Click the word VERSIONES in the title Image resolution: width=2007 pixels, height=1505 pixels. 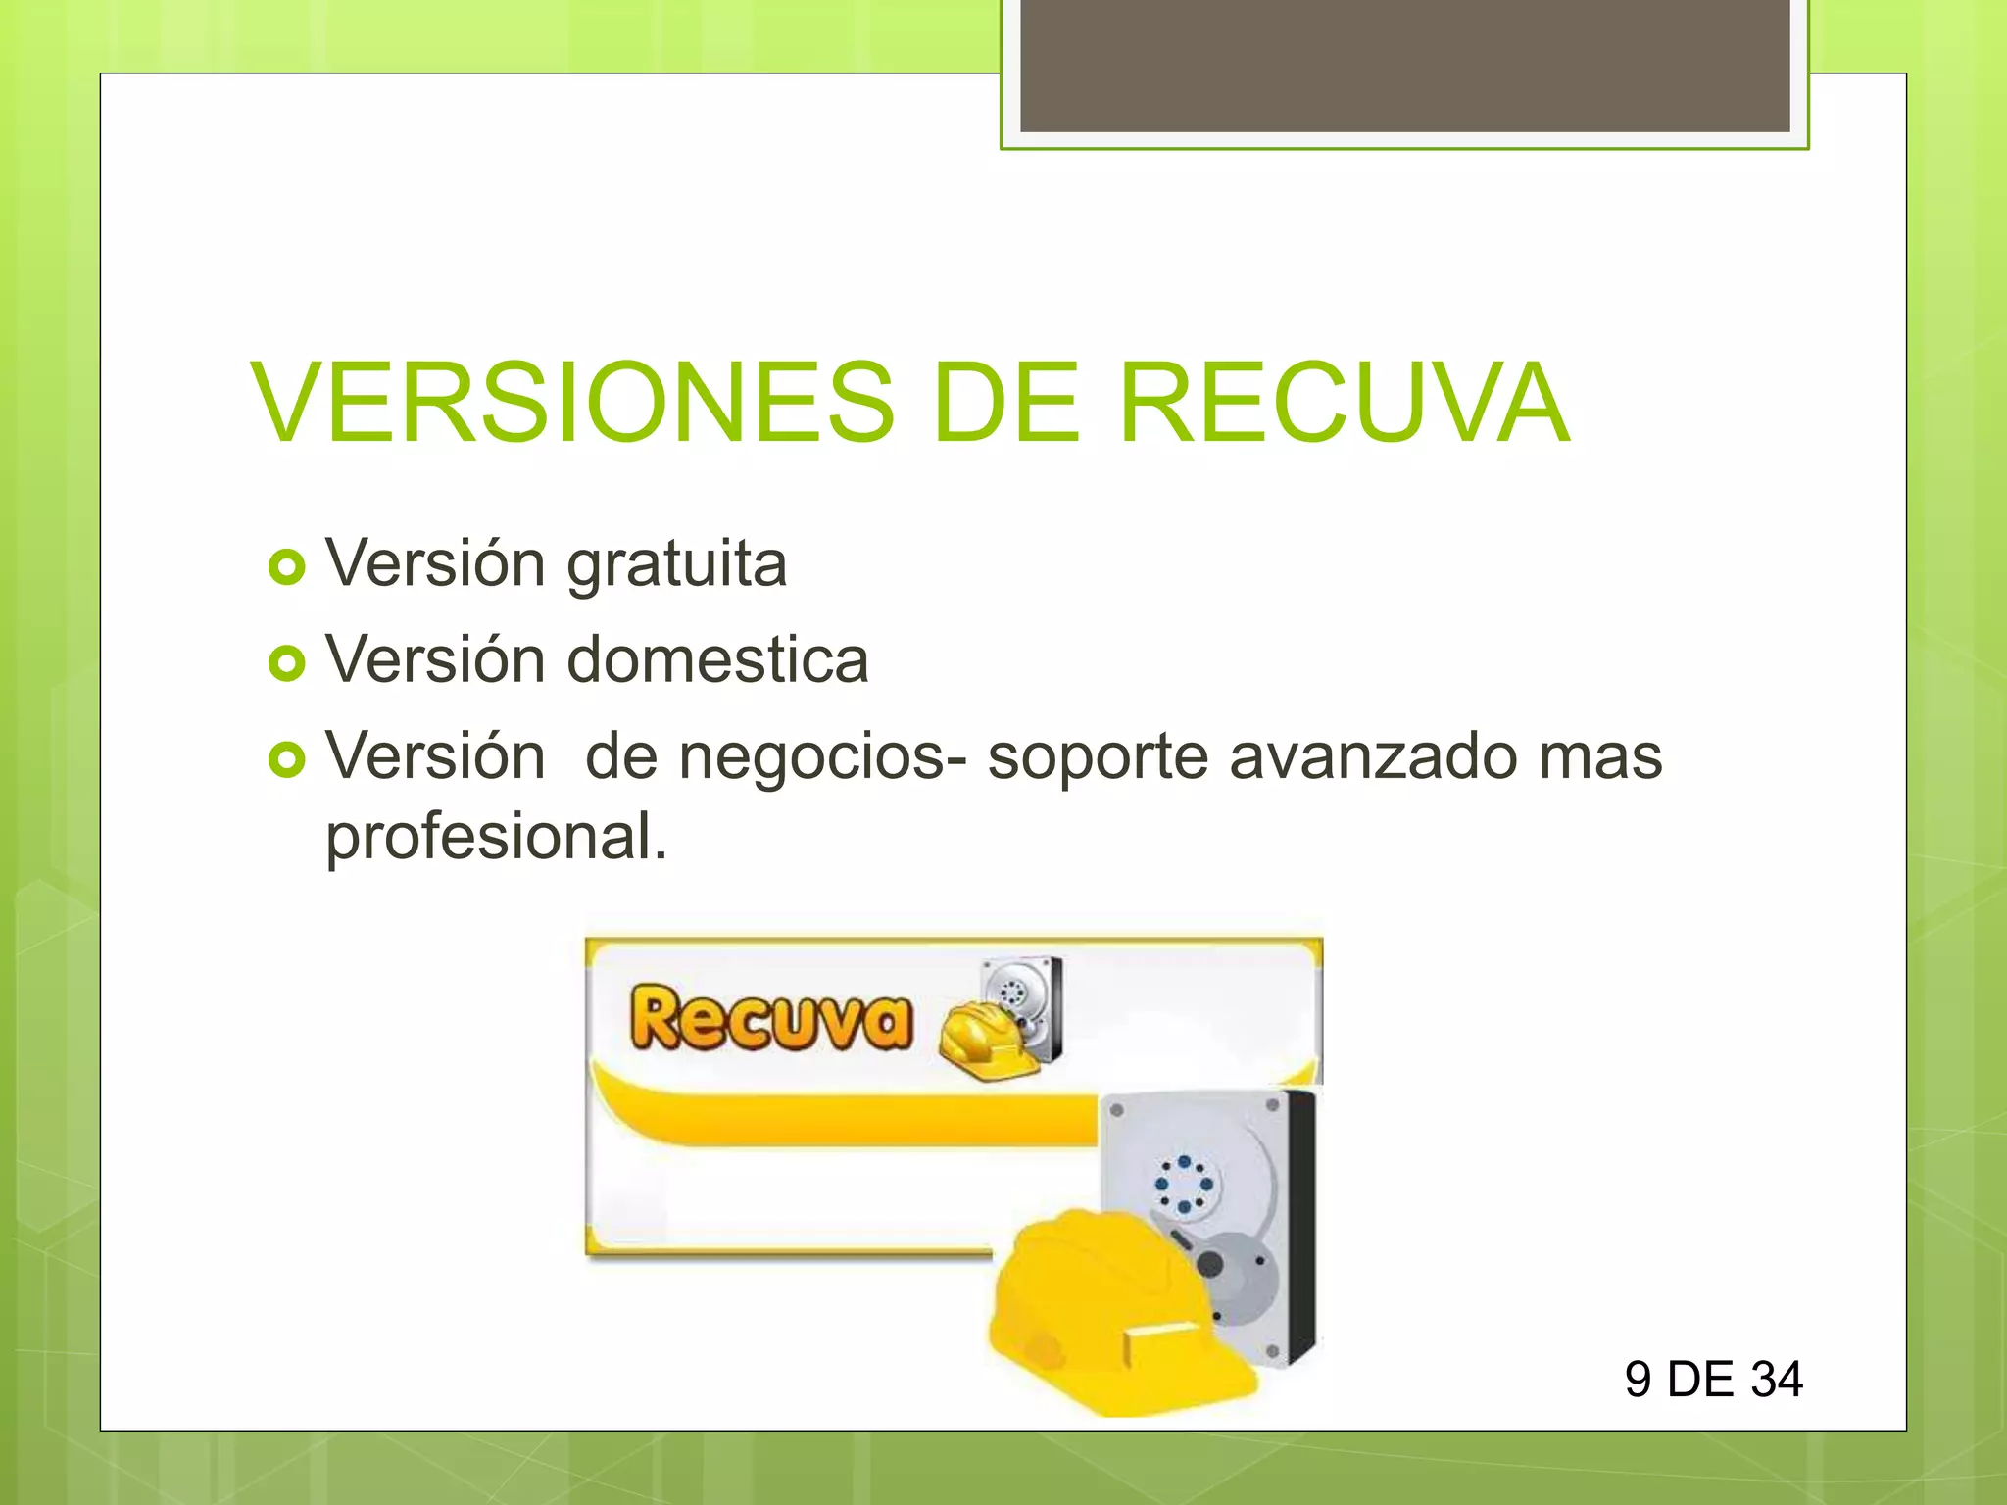pos(573,403)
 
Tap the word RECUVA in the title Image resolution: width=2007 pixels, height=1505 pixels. pos(1345,403)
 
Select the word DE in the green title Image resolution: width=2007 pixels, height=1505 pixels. pos(1006,403)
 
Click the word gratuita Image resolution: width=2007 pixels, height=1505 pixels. pos(677,565)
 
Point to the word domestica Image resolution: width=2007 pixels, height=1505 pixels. pos(718,660)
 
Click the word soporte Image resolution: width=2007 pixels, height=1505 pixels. pos(1098,757)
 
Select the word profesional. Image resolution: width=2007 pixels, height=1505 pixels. pos(496,838)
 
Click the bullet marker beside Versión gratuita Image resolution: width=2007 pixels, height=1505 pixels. pos(286,567)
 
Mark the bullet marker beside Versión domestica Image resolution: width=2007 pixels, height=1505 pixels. pos(286,663)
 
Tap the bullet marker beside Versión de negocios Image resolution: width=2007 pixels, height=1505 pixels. pos(286,759)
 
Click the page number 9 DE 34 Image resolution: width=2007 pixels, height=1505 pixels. pos(1713,1380)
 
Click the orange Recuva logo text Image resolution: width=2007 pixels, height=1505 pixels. pos(771,1019)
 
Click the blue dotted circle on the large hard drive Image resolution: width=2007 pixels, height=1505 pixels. pos(1184,1184)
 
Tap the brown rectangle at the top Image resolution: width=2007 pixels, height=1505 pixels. pos(1404,66)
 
